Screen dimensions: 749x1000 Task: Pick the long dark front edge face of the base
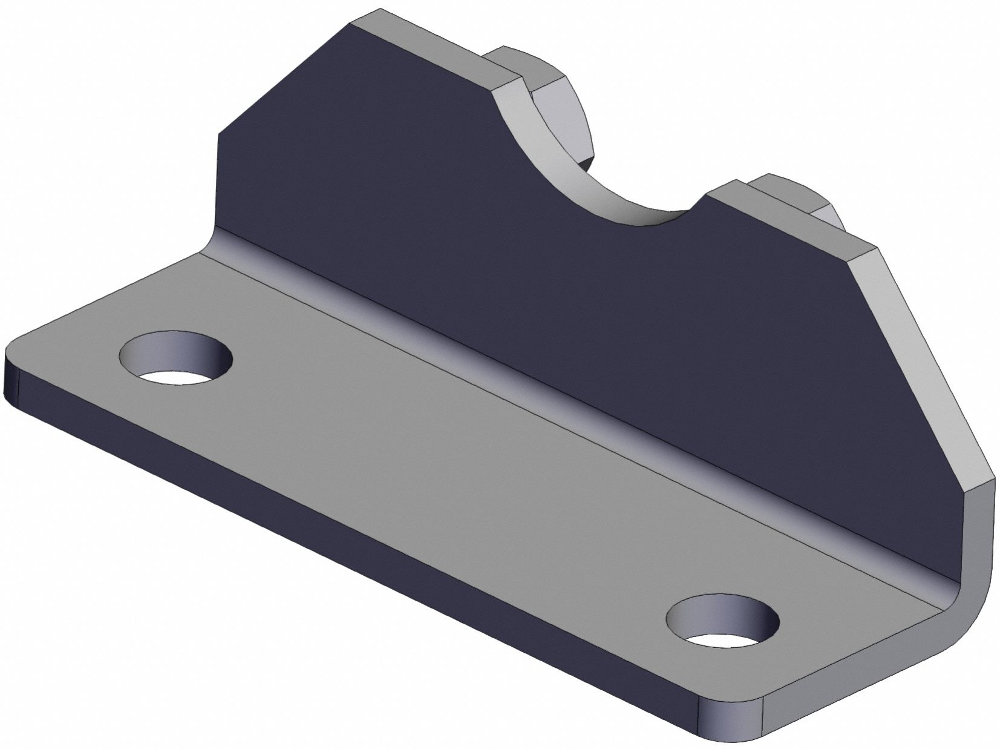point(363,545)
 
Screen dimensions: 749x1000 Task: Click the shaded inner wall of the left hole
point(163,351)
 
